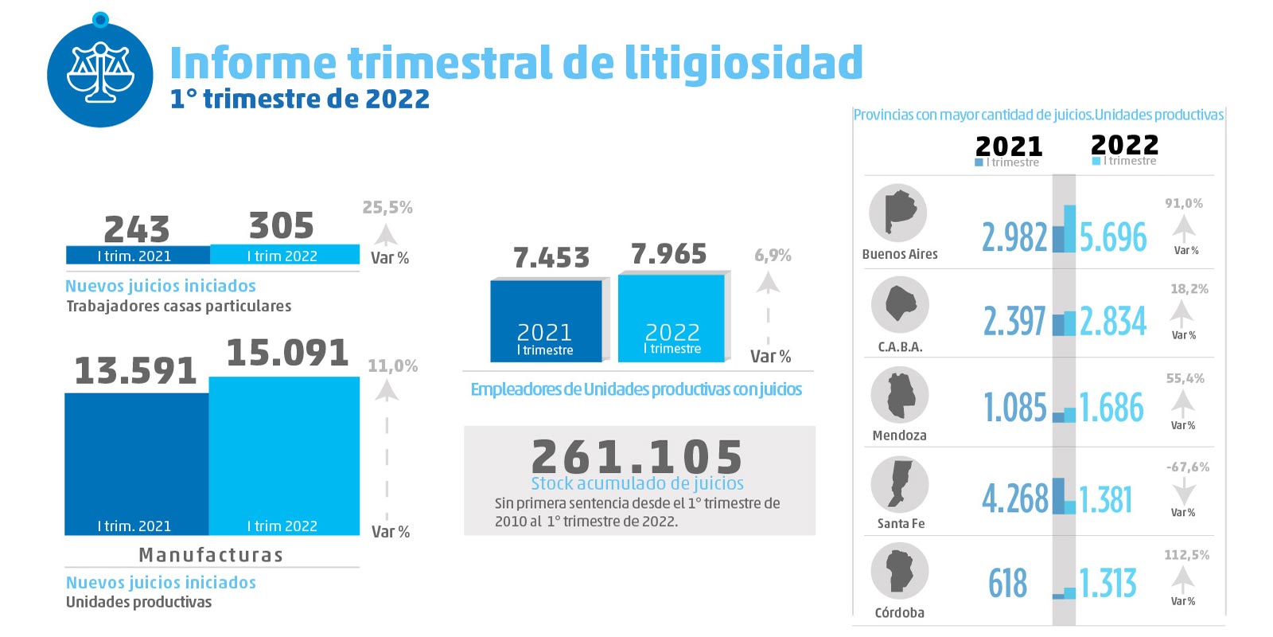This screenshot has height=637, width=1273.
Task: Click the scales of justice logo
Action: coord(99,74)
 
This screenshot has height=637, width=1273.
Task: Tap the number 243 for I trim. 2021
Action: coord(137,229)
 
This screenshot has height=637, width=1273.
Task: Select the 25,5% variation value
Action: coord(387,208)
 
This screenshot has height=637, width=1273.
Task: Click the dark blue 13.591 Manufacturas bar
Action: coord(136,462)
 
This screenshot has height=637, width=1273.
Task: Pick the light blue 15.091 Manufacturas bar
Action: coord(283,454)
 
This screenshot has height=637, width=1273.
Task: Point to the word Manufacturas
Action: coord(211,555)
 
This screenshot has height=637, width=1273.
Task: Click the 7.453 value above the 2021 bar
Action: coord(551,258)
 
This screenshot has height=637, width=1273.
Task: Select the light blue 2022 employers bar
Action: coord(672,318)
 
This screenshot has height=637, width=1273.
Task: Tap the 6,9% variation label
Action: coord(773,256)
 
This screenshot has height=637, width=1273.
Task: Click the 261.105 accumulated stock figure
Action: coord(638,456)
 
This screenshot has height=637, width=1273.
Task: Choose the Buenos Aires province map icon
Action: coord(898,213)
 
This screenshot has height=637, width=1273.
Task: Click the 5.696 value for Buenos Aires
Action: coord(1113,237)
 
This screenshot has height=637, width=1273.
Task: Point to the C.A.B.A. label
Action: coord(900,347)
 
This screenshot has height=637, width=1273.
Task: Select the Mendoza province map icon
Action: coord(899,395)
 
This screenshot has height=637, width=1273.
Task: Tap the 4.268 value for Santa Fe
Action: coord(1015,499)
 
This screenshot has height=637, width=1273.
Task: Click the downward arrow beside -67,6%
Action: coord(1184,489)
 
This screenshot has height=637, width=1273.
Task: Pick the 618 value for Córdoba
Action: coord(1007,584)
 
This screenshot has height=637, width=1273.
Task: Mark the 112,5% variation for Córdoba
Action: coord(1186,555)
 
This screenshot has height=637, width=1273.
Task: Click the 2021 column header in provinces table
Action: coord(1009,147)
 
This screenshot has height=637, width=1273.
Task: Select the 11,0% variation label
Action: coord(392,366)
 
